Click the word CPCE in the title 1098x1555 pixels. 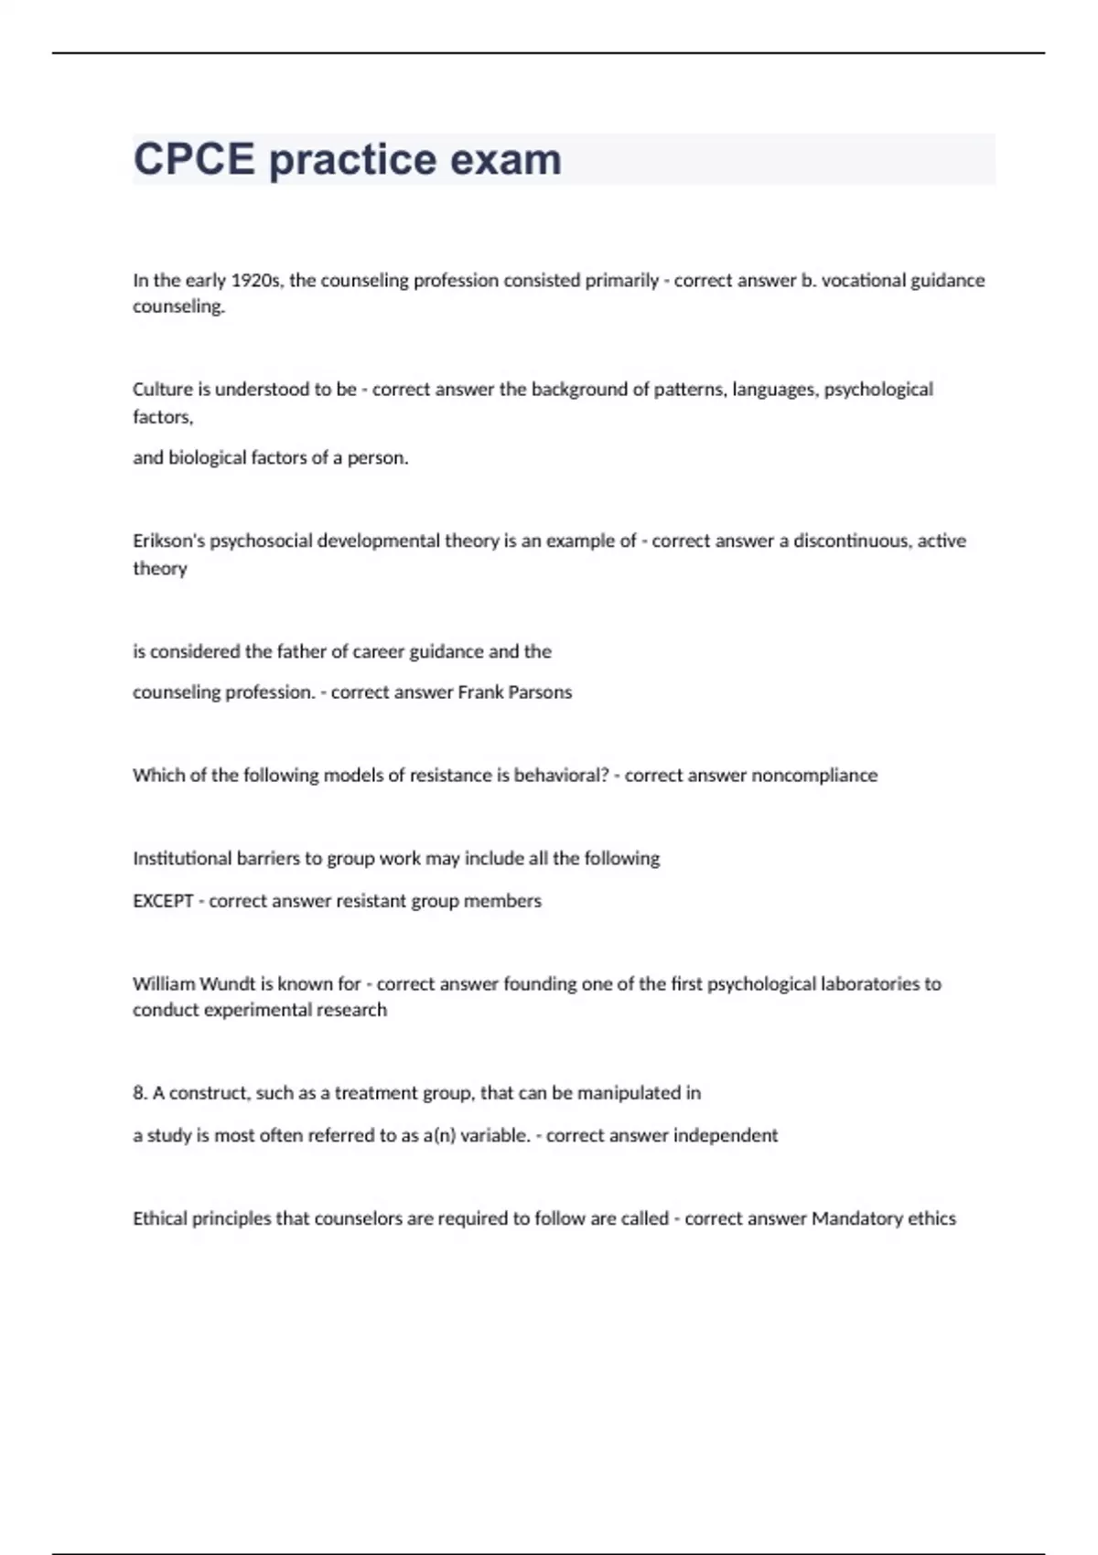click(x=194, y=160)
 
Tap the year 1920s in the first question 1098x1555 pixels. click(x=257, y=281)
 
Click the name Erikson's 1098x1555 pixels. click(x=169, y=542)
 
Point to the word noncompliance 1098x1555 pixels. click(x=814, y=776)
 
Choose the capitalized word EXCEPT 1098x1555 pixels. click(x=163, y=901)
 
